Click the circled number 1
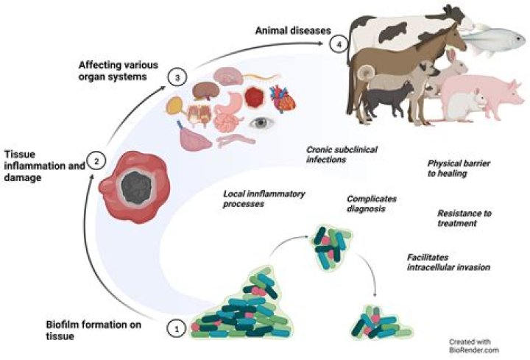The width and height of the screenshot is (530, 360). [176, 329]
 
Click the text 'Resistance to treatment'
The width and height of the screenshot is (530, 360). [464, 219]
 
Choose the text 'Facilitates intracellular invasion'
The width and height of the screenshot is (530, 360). [448, 262]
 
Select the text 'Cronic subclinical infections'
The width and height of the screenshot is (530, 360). [341, 154]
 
